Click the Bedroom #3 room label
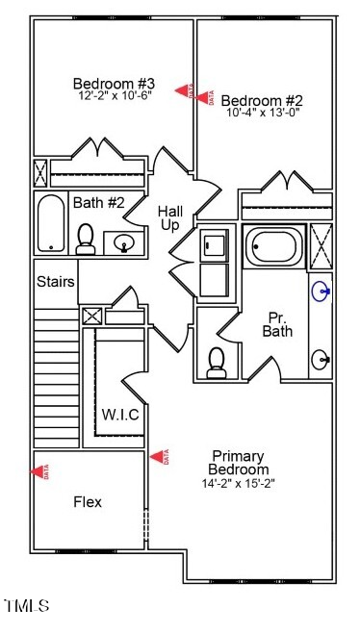tap(114, 83)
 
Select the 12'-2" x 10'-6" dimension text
tap(114, 96)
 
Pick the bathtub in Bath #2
tap(50, 224)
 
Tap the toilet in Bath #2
tap(85, 240)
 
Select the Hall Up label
tap(169, 217)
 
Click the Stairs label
tap(56, 282)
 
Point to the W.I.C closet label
tap(121, 415)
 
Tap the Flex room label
tap(88, 501)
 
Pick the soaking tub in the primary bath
tap(274, 245)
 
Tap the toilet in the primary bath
tap(218, 362)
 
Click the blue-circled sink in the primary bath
tap(321, 290)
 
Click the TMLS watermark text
tap(26, 606)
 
